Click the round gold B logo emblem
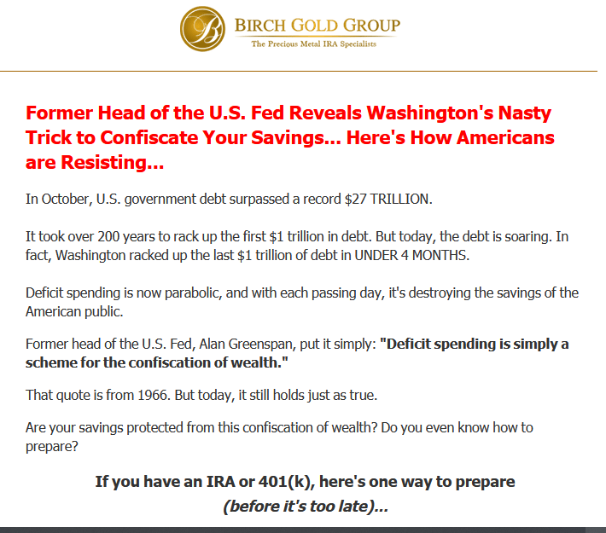[x=202, y=29]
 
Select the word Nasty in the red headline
[x=524, y=113]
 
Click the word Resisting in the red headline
[x=104, y=163]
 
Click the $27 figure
[x=355, y=200]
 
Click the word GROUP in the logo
[x=371, y=26]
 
